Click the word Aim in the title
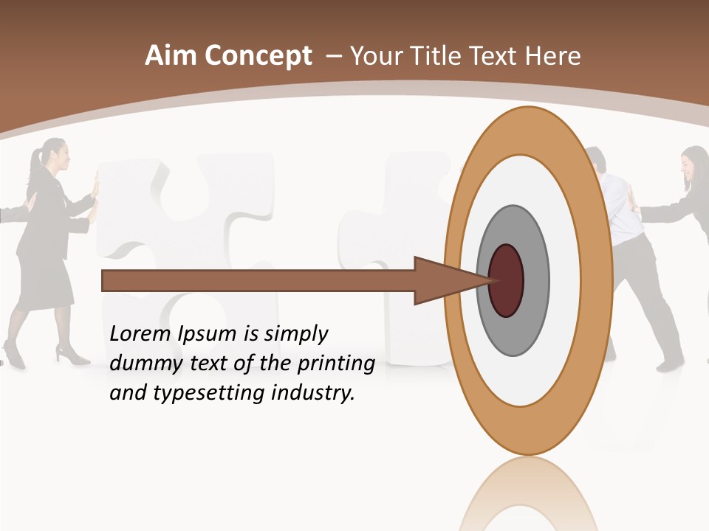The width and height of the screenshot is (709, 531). click(171, 55)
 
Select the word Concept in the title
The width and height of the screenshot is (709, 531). click(258, 56)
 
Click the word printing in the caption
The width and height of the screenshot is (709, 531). click(335, 364)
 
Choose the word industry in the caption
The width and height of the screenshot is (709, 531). click(313, 392)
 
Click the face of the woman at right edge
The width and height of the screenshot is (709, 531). click(694, 166)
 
